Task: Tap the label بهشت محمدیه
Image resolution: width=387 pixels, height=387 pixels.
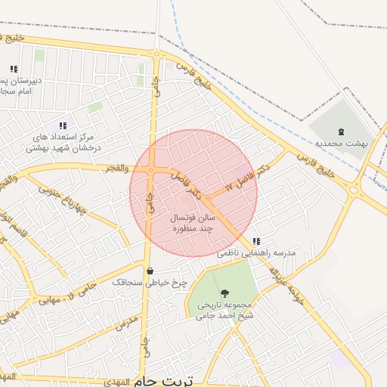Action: [x=341, y=142]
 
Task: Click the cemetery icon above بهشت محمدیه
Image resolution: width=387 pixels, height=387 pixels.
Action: [x=340, y=131]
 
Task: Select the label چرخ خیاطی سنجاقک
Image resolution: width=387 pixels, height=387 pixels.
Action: [x=150, y=283]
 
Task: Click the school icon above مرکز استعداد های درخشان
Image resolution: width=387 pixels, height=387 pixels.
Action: [x=62, y=126]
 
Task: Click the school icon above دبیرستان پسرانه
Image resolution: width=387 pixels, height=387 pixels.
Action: [x=14, y=69]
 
